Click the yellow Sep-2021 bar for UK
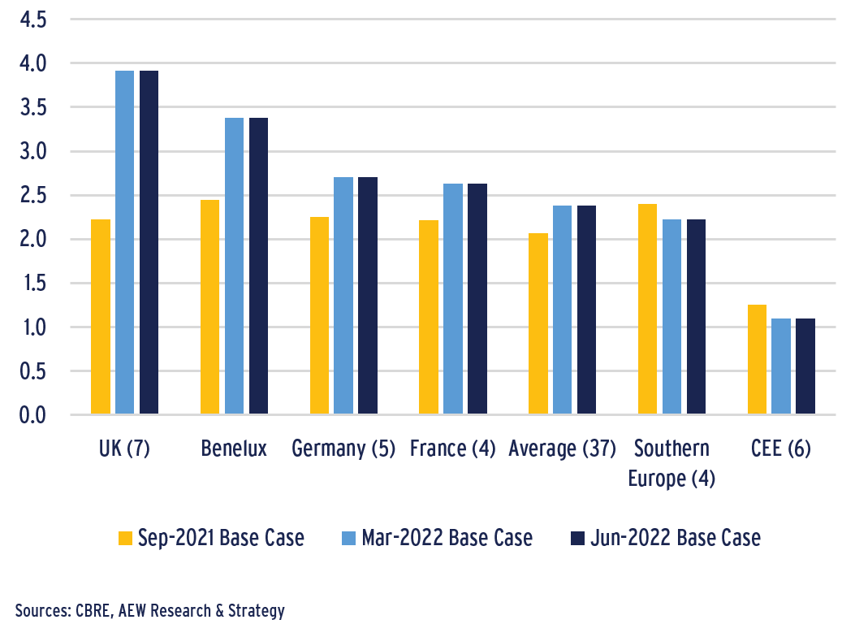tap(101, 317)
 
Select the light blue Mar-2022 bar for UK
tap(124, 243)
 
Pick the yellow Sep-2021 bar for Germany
tap(319, 316)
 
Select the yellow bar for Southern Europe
tap(647, 310)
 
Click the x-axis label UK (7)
tap(123, 448)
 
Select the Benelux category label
tap(234, 448)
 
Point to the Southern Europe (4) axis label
tap(671, 463)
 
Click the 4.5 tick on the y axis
tap(33, 19)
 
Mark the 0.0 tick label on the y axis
tap(33, 416)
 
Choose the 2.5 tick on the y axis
tap(33, 196)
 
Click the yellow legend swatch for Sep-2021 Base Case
tap(125, 538)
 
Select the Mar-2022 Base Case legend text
tap(447, 538)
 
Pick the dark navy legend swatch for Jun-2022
tap(578, 538)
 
